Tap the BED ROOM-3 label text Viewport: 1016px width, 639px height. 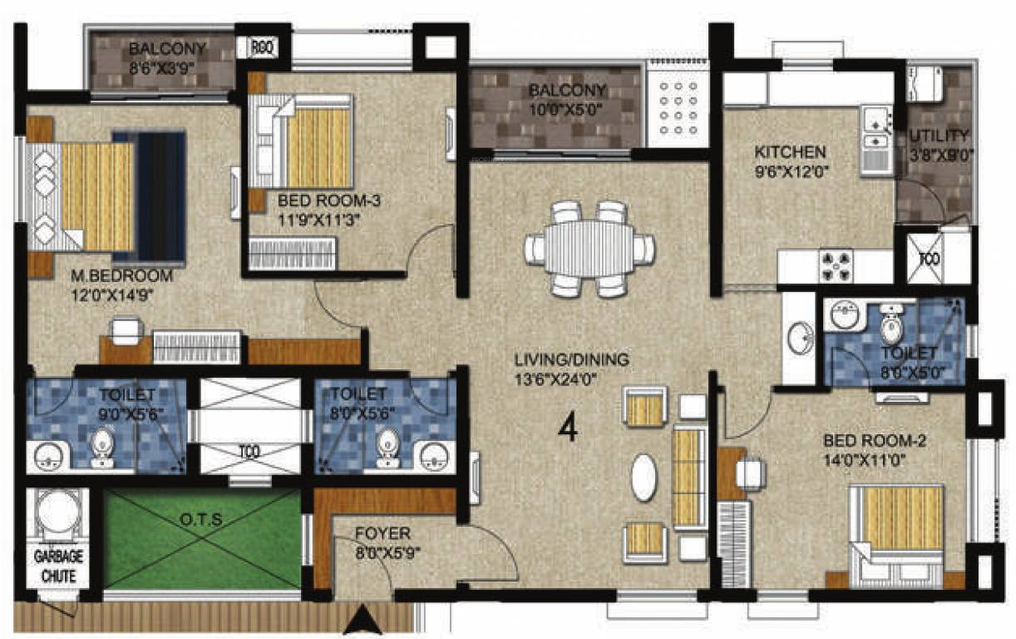pyautogui.click(x=319, y=201)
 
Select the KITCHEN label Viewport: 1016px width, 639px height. pyautogui.click(x=790, y=152)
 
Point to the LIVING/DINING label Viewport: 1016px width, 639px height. pyautogui.click(x=571, y=359)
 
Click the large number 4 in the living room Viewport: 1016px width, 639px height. pyautogui.click(x=568, y=428)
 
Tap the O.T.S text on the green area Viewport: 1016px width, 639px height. pyautogui.click(x=201, y=520)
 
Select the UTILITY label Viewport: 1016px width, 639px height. pyautogui.click(x=939, y=136)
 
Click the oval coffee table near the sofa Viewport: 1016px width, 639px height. pyautogui.click(x=644, y=477)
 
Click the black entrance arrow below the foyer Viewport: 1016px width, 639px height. pyautogui.click(x=360, y=619)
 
